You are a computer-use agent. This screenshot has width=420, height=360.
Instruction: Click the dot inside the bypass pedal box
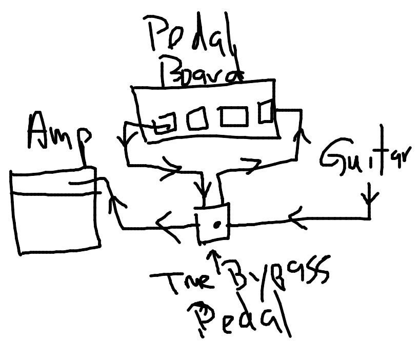[x=216, y=224]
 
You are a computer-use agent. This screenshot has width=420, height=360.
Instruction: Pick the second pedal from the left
[x=197, y=118]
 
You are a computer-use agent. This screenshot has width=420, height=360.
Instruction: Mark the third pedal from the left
[x=234, y=116]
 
